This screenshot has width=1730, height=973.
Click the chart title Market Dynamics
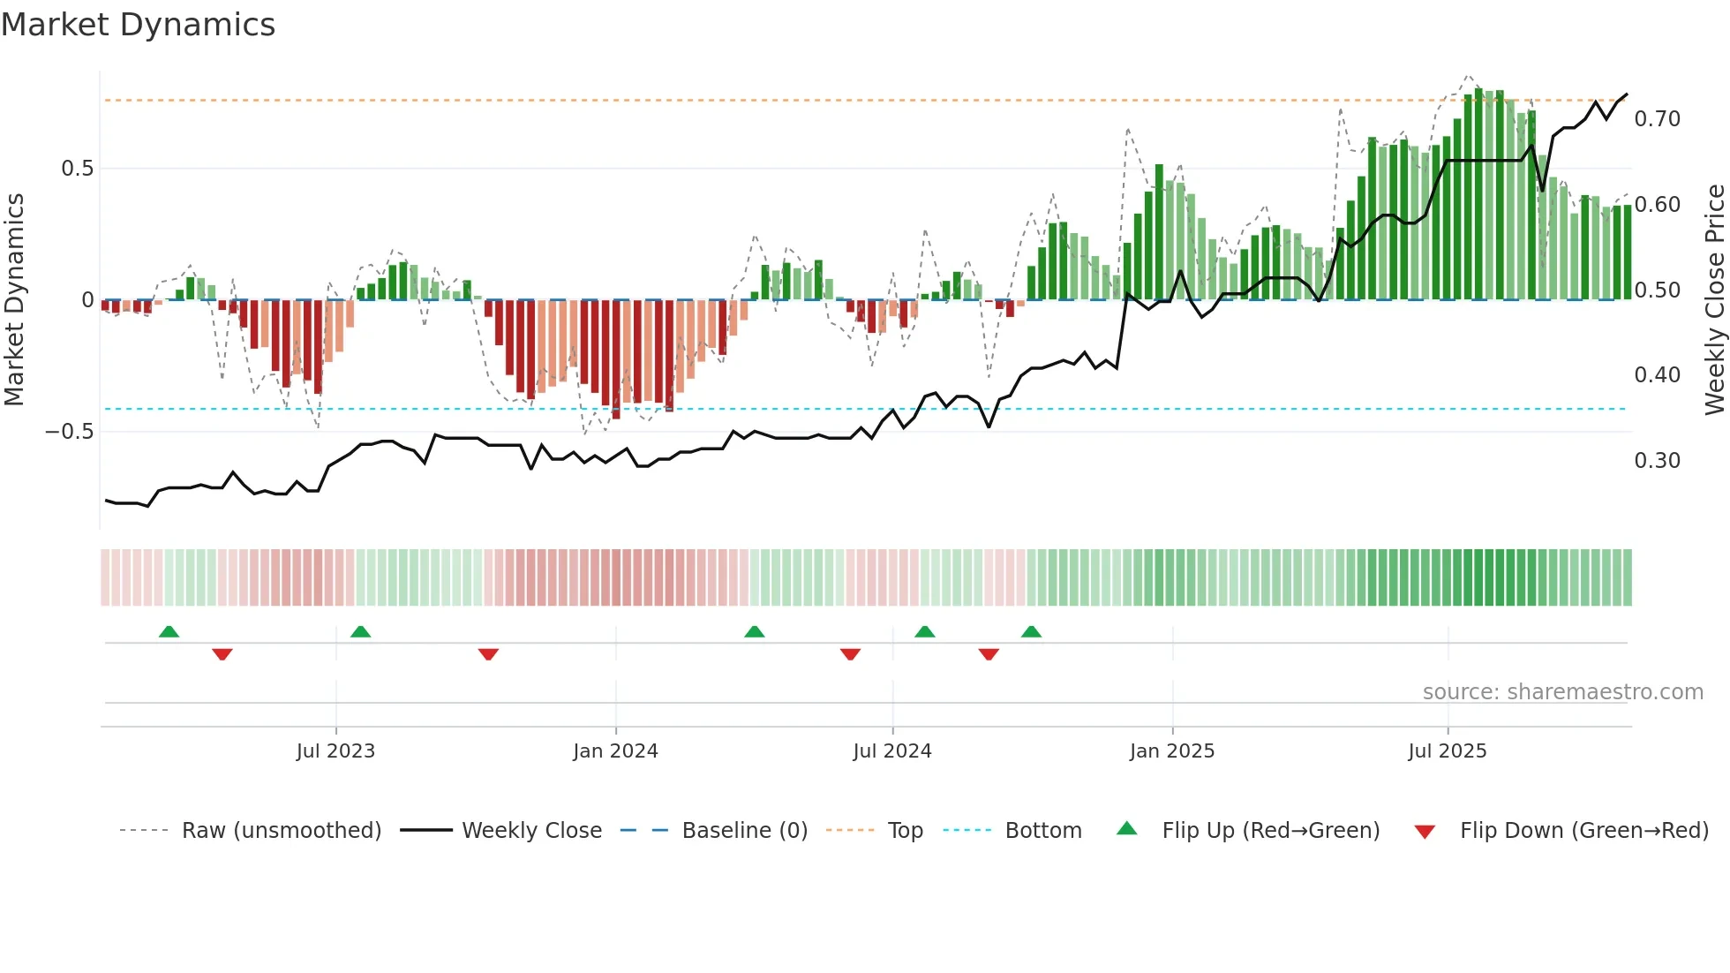pyautogui.click(x=138, y=25)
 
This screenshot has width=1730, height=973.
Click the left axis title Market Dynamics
pyautogui.click(x=14, y=299)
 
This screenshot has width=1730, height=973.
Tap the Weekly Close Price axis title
pyautogui.click(x=1714, y=299)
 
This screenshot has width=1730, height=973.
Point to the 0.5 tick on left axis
pyautogui.click(x=77, y=169)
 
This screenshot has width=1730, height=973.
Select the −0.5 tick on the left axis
pyautogui.click(x=70, y=432)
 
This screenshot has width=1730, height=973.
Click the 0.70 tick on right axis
pyautogui.click(x=1657, y=119)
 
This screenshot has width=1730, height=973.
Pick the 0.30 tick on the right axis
pyautogui.click(x=1657, y=461)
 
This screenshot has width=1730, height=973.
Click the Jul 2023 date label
pyautogui.click(x=335, y=751)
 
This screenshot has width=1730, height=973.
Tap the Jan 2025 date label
pyautogui.click(x=1172, y=751)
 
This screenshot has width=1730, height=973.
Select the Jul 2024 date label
pyautogui.click(x=892, y=751)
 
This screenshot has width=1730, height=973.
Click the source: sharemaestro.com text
pyautogui.click(x=1562, y=692)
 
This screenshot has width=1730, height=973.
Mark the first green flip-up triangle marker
pyautogui.click(x=169, y=632)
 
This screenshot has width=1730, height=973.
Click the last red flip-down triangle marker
pyautogui.click(x=989, y=654)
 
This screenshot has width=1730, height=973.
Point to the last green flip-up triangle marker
pyautogui.click(x=1031, y=632)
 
